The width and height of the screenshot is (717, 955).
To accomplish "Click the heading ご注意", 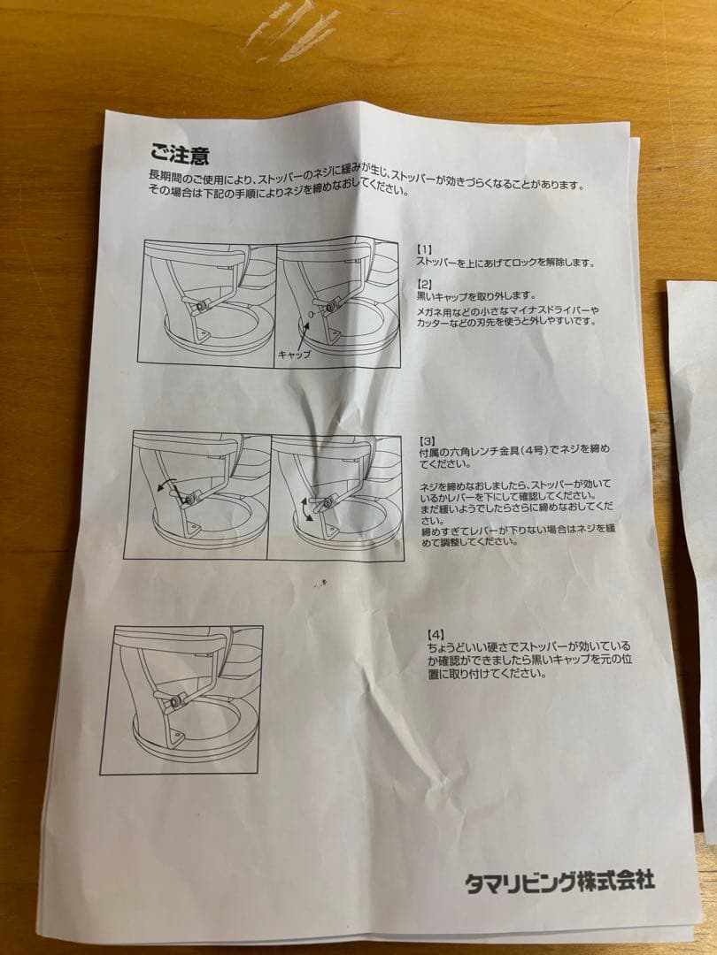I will point(180,156).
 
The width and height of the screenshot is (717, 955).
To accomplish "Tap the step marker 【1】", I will point(425,250).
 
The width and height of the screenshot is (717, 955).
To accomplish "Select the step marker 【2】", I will point(426,283).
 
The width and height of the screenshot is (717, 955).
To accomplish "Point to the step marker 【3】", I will point(428,439).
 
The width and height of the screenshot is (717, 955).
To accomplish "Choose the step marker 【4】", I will point(436,634).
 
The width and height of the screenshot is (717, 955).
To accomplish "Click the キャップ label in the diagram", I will point(294,353).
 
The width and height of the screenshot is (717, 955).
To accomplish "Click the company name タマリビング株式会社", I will point(559,881).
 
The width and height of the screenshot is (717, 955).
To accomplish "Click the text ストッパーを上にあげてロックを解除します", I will point(505,263).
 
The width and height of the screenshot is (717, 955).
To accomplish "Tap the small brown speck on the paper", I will point(324,582).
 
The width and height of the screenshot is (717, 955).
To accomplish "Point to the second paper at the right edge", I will point(696,531).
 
